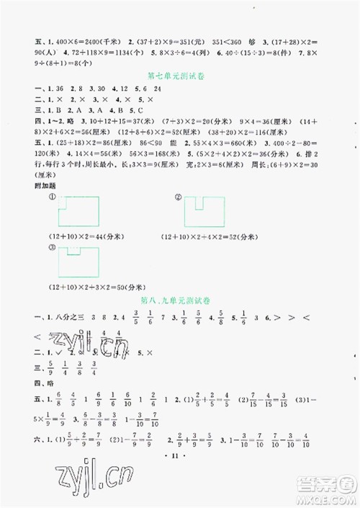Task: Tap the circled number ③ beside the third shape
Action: click(53, 246)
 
